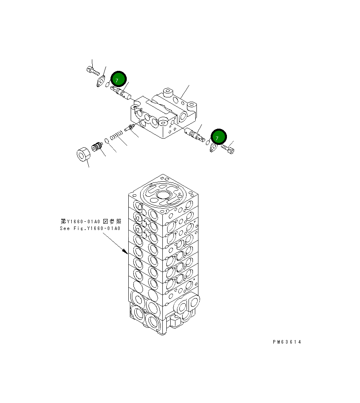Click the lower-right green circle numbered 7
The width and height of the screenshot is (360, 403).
[218, 137]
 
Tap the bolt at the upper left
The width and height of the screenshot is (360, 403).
[91, 71]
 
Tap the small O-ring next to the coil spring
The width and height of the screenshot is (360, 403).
[107, 140]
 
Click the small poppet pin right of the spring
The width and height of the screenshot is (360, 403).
[130, 127]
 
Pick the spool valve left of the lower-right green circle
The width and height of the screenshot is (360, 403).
[194, 135]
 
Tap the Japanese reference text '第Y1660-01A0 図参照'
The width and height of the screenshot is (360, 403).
[91, 221]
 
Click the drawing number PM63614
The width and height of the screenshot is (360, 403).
[286, 342]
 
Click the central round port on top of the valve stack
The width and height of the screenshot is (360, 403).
[163, 195]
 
